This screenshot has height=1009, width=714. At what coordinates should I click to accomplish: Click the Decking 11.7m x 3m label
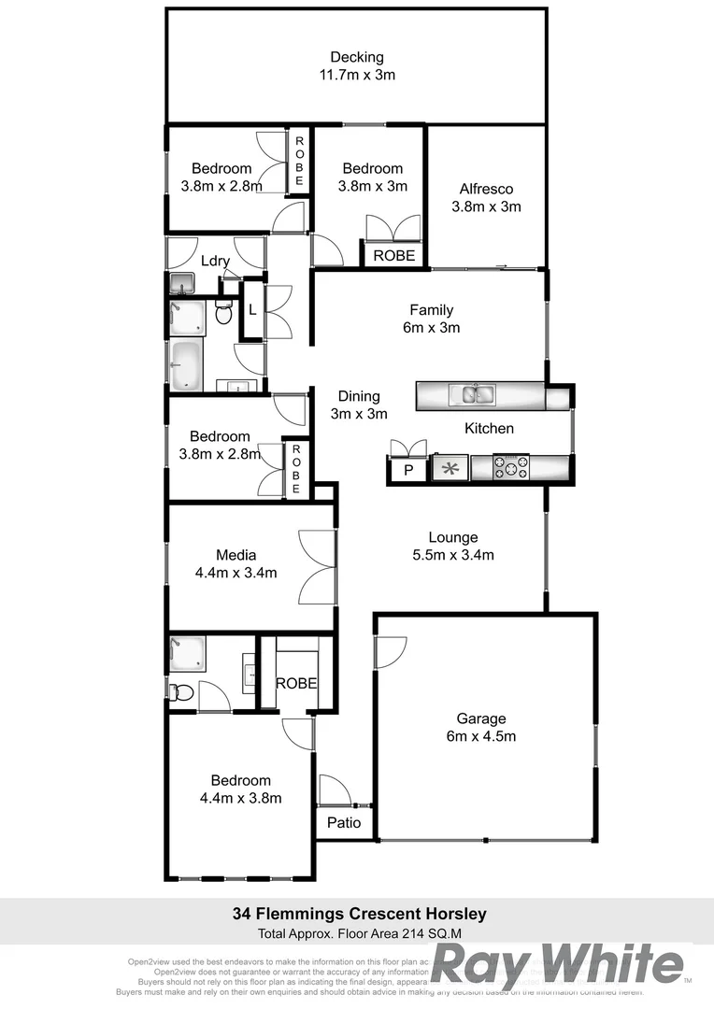(x=356, y=66)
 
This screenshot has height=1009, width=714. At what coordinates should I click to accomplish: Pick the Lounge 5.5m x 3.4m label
(x=453, y=547)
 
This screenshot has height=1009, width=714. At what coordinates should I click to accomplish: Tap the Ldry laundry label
(x=215, y=261)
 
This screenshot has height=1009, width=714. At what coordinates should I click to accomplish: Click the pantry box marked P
(x=407, y=470)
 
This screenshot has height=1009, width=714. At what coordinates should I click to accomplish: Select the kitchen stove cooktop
(x=511, y=466)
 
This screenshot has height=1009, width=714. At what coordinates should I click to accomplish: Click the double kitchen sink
(x=477, y=394)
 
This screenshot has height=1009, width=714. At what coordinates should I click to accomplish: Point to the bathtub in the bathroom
(x=187, y=365)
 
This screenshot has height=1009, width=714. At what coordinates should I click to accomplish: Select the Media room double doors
(x=317, y=568)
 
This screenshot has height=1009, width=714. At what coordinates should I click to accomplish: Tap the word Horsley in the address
(x=452, y=914)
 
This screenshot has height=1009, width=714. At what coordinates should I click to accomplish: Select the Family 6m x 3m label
(x=431, y=319)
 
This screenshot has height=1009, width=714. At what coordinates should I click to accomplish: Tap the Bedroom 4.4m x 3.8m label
(x=240, y=789)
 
